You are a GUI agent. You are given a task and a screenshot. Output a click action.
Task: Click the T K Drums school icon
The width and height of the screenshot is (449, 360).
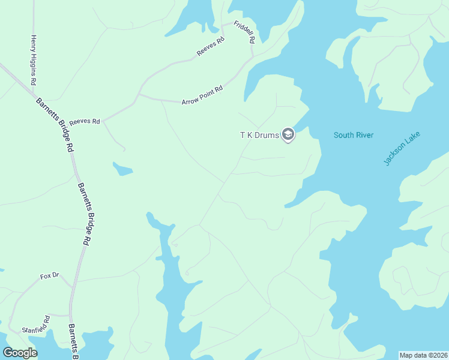[x=288, y=135]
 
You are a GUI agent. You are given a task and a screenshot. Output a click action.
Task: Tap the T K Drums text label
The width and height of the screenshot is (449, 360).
[x=260, y=135]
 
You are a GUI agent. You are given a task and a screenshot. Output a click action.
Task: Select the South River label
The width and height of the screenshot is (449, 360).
[x=354, y=135]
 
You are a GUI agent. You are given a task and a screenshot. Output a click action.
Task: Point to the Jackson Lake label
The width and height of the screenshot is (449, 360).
[x=402, y=148]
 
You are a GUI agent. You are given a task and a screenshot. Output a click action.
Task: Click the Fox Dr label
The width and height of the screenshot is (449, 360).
[x=49, y=276]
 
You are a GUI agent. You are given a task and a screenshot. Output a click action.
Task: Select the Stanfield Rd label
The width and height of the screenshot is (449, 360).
[x=35, y=325]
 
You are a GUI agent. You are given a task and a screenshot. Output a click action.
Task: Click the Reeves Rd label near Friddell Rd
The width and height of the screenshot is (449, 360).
[x=210, y=47]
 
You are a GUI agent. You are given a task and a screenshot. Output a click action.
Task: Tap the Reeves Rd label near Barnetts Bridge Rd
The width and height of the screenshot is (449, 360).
[x=84, y=121]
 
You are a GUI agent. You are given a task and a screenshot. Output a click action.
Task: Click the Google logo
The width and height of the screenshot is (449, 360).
[x=20, y=353]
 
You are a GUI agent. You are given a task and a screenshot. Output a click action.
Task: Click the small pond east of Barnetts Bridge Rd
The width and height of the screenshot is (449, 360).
[x=122, y=169]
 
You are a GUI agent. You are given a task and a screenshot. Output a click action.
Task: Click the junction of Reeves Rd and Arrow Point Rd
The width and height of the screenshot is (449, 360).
[x=139, y=94]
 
